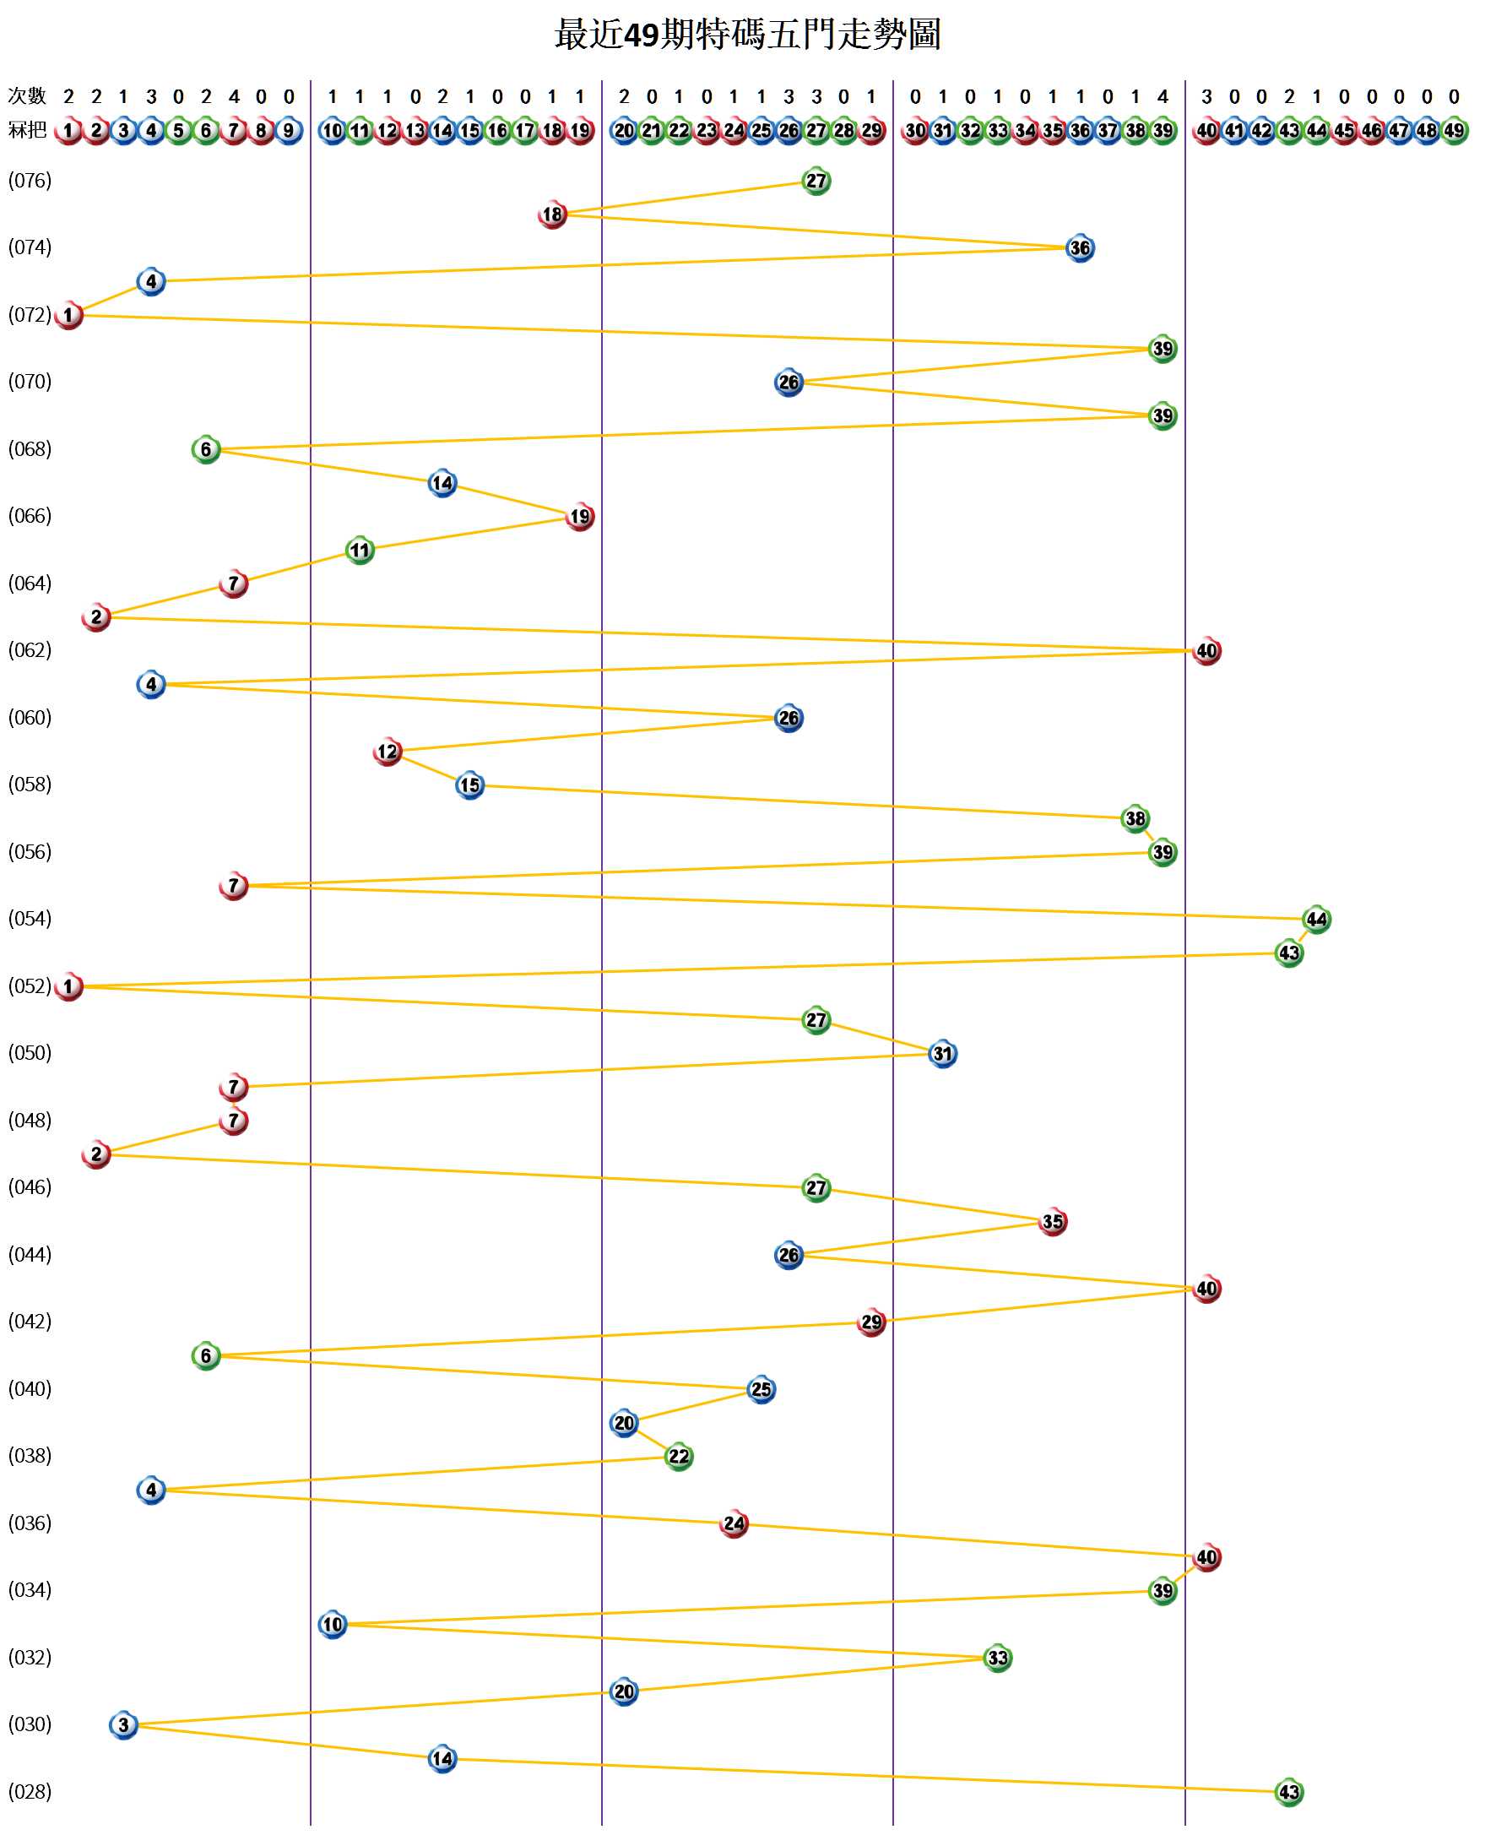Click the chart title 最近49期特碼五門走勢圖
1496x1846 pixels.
(747, 35)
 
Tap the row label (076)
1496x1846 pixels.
(30, 180)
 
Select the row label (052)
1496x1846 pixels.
(30, 985)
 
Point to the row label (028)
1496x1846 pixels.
(30, 1792)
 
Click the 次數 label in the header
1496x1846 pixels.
(27, 95)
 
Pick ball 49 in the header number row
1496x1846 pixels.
(1454, 131)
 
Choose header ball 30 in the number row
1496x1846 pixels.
(915, 131)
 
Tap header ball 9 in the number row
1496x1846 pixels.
(289, 131)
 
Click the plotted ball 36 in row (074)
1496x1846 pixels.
(1080, 248)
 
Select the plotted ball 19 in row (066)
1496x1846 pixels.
(580, 517)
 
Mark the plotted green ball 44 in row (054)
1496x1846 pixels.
(1316, 920)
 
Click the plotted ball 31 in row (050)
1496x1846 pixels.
(943, 1053)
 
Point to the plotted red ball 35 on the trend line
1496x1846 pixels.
(1052, 1221)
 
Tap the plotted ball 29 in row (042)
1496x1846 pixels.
(871, 1322)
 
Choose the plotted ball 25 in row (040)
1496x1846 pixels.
(761, 1389)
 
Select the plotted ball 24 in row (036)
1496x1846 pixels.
(734, 1523)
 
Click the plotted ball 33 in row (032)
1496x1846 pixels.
(997, 1658)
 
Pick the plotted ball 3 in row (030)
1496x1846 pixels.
(123, 1724)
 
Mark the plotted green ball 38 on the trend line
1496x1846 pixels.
(1135, 819)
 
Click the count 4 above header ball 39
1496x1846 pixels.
(1163, 96)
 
